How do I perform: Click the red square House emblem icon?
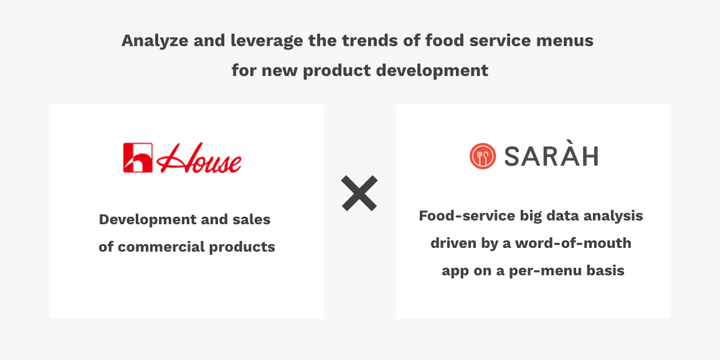click(x=138, y=158)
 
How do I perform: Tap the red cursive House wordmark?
click(x=199, y=158)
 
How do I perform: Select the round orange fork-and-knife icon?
click(x=483, y=156)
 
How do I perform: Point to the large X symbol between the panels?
click(x=359, y=193)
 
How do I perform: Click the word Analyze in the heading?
click(x=154, y=41)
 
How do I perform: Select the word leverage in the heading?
click(x=267, y=41)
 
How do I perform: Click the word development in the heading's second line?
click(x=432, y=71)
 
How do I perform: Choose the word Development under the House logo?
click(x=148, y=219)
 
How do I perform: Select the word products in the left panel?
click(x=242, y=247)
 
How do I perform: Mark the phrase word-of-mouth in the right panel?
click(x=573, y=243)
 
